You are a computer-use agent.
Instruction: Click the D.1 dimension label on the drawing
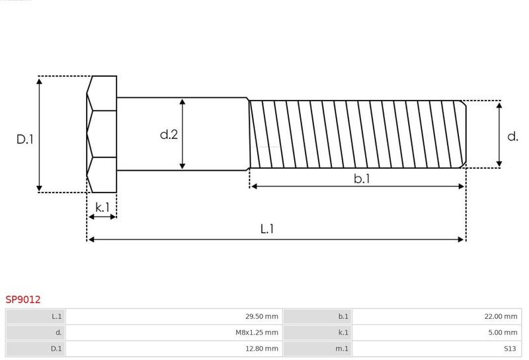coord(25,139)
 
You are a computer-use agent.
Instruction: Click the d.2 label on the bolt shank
coord(169,134)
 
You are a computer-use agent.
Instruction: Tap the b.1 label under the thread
coord(362,178)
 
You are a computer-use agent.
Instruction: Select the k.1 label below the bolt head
coord(102,207)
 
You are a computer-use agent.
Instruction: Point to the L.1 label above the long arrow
coord(267,229)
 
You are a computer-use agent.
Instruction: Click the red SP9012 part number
coord(23,300)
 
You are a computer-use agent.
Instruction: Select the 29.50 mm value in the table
coord(262,316)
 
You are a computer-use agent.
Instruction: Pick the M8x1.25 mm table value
coord(257,333)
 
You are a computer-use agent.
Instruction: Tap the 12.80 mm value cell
coord(262,349)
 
